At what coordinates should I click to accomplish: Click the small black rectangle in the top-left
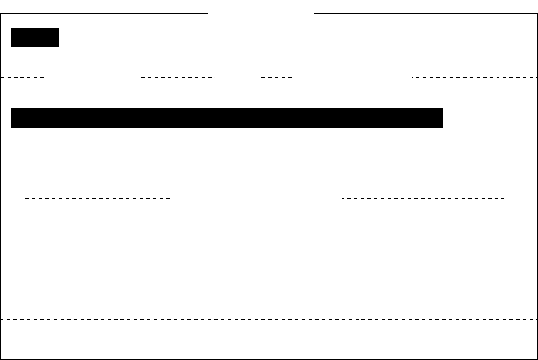click(34, 37)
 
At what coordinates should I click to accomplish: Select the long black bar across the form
click(227, 118)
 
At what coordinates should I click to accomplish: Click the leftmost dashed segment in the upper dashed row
click(22, 77)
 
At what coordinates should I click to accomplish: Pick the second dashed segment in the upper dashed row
click(177, 77)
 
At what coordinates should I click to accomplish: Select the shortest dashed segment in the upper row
click(277, 77)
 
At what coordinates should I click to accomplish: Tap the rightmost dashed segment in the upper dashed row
click(475, 77)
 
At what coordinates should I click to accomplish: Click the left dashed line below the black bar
click(98, 198)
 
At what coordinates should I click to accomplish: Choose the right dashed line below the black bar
click(424, 198)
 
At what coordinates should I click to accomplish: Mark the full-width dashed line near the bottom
click(269, 319)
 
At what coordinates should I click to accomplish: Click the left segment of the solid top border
click(104, 13)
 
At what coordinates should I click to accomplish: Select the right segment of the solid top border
click(425, 13)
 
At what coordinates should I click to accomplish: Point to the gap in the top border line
click(261, 13)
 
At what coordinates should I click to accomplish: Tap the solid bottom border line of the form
click(269, 359)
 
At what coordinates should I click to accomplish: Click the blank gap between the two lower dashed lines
click(256, 198)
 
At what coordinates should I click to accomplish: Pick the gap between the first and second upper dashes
click(92, 77)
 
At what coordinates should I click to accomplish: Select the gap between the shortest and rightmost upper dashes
click(352, 77)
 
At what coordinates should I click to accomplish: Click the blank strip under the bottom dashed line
click(269, 339)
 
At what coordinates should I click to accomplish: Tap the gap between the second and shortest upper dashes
click(237, 77)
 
